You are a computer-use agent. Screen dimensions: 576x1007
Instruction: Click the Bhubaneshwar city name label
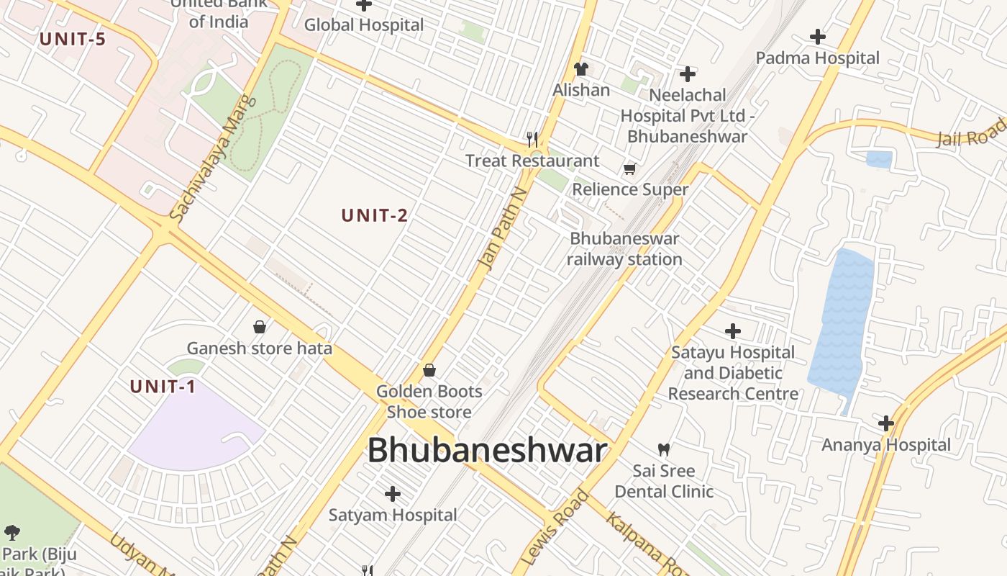coord(487,451)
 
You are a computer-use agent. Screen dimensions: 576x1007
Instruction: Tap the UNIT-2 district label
coord(375,215)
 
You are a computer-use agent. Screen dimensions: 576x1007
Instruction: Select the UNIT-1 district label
coord(163,387)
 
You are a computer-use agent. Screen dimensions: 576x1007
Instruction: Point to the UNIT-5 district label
coord(73,39)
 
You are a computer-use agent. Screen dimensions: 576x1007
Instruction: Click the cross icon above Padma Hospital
coord(818,36)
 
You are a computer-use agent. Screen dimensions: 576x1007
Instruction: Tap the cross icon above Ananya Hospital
coord(886,423)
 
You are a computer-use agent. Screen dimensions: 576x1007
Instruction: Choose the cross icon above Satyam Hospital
coord(393,494)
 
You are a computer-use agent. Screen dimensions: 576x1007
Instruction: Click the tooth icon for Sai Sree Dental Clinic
coord(664,450)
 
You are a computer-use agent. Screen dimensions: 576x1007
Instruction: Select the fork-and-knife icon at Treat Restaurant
coord(532,139)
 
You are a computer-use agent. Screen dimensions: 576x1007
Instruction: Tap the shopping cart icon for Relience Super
coord(630,169)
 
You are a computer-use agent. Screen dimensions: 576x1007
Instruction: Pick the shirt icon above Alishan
coord(581,69)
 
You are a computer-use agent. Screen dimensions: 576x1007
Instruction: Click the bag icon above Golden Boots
coord(429,370)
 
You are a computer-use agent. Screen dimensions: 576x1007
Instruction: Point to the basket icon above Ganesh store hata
coord(260,327)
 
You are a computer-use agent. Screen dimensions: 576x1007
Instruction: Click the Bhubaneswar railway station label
coord(624,249)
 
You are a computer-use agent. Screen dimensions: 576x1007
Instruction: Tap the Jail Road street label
coord(971,133)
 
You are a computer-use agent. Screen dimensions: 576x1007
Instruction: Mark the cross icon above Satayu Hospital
coord(733,331)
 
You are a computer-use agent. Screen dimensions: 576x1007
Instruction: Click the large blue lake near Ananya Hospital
coord(841,324)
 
